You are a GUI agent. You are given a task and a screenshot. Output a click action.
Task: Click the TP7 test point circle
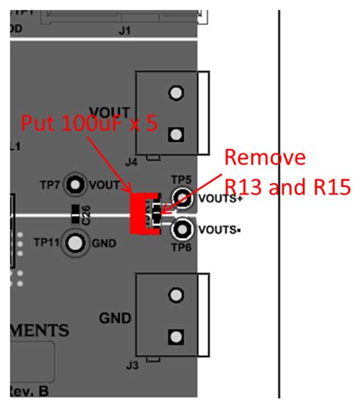74,184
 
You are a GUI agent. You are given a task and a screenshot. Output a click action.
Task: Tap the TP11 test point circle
74,242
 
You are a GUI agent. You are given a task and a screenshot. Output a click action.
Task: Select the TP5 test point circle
182,199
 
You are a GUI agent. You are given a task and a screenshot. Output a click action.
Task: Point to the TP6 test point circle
182,229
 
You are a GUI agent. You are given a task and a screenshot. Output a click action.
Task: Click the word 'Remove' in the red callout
264,158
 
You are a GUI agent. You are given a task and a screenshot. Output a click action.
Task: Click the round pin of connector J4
176,93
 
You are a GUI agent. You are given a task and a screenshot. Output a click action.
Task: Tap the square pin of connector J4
176,135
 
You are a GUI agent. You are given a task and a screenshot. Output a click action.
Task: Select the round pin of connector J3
176,294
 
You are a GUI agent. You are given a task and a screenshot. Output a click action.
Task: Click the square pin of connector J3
176,336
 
